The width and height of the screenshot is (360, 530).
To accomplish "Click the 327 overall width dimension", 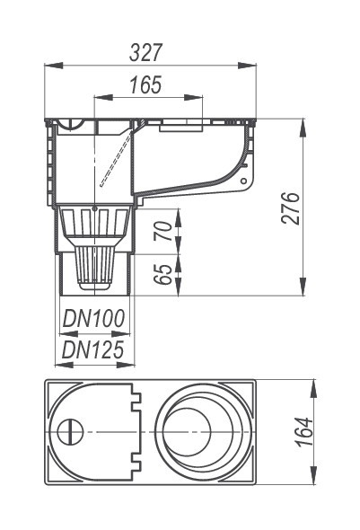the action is point(146,53).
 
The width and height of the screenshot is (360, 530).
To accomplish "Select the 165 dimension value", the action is point(146,84).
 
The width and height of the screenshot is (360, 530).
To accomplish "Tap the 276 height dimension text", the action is point(291,208).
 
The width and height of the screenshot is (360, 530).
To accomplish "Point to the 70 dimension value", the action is point(163,231).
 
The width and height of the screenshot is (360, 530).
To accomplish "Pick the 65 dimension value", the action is point(163,274).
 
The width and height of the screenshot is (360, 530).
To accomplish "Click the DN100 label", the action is point(93,318).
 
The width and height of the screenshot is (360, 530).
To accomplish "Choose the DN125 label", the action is point(92,349).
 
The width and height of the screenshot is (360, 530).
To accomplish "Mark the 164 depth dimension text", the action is point(304,432).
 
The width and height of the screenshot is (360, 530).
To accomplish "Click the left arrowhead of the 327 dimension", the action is point(54,66).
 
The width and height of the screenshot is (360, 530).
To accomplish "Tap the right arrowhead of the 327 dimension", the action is point(247,66).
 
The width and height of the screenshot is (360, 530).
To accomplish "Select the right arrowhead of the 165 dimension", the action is point(193,98).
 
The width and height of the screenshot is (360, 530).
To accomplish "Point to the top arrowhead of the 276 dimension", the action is point(303,128).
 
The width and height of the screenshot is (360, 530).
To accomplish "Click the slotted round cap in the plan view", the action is point(70,432).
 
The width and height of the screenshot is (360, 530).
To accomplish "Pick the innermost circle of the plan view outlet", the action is point(187,432).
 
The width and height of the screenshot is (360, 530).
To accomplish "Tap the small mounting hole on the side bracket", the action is point(243,181).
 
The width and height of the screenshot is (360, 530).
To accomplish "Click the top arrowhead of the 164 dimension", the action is point(314,388).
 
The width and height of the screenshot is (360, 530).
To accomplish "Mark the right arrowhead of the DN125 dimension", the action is point(126,365).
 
